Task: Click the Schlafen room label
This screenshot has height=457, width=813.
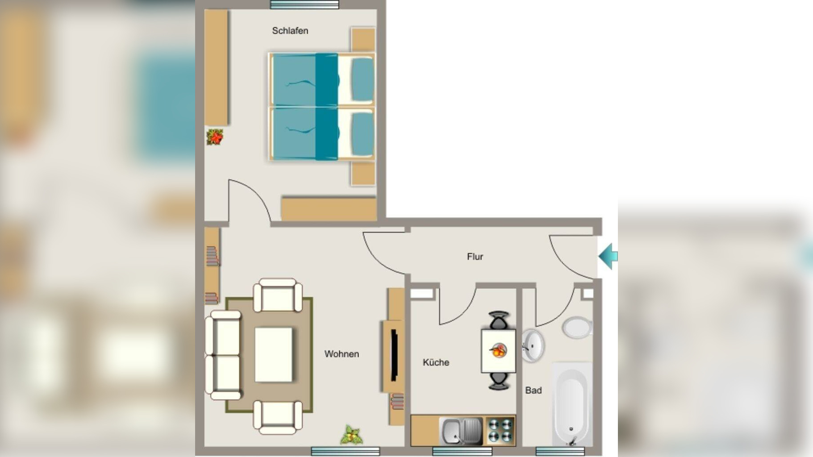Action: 290,31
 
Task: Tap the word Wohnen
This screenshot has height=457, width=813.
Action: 342,354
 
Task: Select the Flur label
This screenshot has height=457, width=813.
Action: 475,257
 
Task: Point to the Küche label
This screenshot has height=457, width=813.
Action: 436,362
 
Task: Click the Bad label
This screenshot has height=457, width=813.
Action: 534,391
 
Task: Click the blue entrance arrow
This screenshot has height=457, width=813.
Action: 608,257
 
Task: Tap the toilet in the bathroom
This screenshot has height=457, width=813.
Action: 577,328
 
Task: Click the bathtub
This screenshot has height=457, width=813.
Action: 572,404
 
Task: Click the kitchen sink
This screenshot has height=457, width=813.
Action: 461,431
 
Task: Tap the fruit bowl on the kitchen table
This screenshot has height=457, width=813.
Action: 498,350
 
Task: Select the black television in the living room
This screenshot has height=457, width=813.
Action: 394,355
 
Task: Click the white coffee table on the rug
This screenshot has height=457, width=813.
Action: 274,355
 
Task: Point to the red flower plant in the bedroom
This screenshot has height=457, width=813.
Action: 215,137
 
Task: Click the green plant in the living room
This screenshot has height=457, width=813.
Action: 352,435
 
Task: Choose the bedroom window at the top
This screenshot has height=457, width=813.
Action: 304,4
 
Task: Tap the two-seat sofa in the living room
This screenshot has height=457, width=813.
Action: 223,355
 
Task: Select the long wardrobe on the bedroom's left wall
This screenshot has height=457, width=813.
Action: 216,67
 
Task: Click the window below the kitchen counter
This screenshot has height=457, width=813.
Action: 462,452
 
